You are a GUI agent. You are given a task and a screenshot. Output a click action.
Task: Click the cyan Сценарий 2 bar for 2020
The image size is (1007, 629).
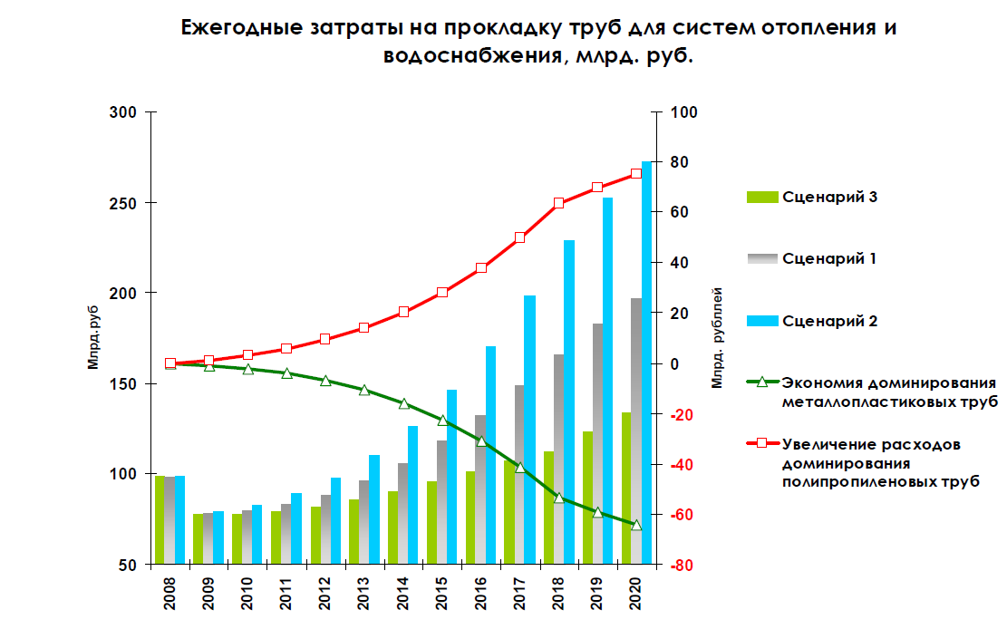pos(647,363)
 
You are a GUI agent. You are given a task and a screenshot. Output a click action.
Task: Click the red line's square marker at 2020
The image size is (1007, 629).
pos(636,173)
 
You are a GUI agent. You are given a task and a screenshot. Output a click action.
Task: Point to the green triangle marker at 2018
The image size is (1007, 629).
pos(558,498)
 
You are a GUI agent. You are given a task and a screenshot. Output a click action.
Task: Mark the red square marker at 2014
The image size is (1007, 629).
pos(403,312)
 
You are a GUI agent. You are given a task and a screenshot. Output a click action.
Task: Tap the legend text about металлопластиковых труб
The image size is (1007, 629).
pos(888,392)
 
